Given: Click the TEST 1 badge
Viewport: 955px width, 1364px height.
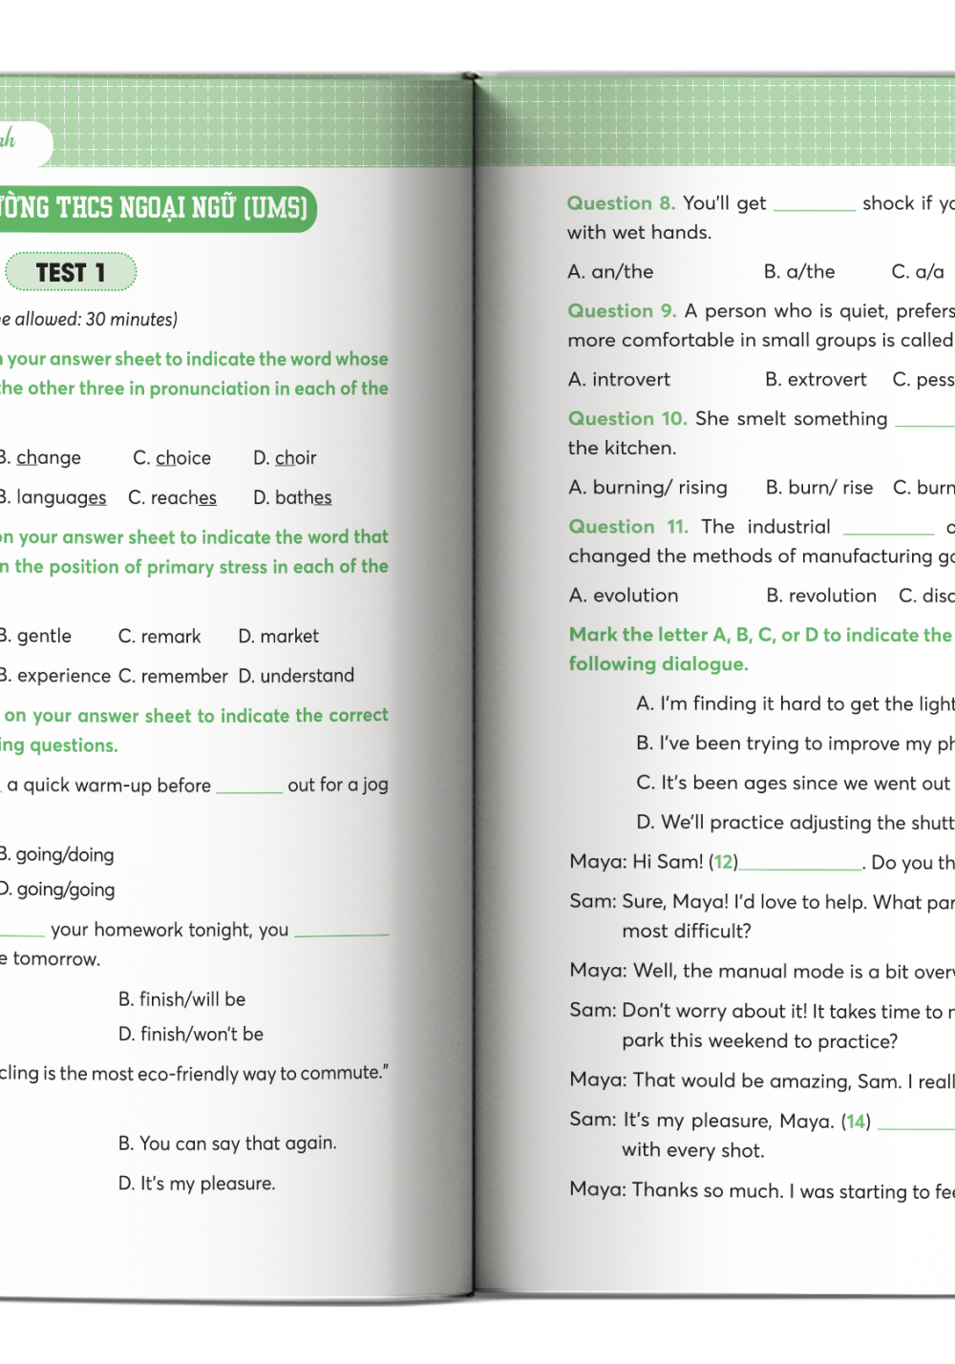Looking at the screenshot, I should pos(71,273).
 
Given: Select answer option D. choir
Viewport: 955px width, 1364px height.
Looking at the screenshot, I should pos(285,458).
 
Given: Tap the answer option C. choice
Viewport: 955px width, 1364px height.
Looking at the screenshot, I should pos(172,458).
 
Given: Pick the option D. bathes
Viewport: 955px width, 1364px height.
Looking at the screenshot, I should pos(292,497).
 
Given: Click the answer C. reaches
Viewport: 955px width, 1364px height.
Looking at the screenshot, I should pos(172,497).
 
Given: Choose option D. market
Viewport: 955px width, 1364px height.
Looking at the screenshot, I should pos(278,636).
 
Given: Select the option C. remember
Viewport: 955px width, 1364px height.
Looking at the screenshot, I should pos(173,676).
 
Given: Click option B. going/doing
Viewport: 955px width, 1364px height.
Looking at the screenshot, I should pos(57,854).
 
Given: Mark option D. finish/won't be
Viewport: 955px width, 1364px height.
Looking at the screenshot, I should pos(190,1034).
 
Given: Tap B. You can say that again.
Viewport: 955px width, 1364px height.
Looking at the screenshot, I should pos(227,1144).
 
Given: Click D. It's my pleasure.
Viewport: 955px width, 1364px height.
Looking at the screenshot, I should pos(197,1184).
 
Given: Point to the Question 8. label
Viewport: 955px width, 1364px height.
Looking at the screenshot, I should pos(621,203).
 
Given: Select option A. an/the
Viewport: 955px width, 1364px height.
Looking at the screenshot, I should pos(610,272).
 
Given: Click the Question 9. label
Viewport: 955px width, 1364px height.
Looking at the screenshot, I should pos(622,311).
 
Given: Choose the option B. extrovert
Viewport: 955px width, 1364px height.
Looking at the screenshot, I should pos(816,380).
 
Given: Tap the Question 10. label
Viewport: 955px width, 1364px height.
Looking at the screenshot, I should pos(627,419).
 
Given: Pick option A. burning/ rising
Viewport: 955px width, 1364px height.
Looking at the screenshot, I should pos(647,488).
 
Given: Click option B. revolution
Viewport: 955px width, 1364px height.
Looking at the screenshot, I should pos(821,596).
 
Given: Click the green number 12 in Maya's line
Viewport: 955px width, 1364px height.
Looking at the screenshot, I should pos(724,862).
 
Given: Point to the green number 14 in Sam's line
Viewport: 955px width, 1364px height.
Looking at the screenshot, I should pos(857,1122).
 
